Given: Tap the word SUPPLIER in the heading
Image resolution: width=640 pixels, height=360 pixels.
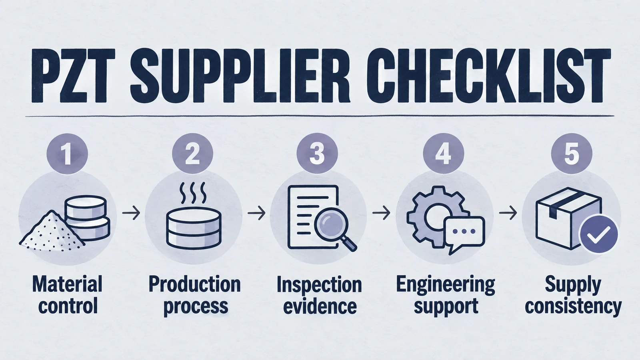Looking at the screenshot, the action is click(x=240, y=76).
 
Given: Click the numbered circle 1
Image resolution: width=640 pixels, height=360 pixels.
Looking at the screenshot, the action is click(x=67, y=154).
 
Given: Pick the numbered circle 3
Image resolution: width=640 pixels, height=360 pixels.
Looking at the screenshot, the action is click(x=317, y=154).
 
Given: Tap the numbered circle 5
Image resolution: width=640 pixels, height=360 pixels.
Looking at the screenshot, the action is click(x=572, y=154).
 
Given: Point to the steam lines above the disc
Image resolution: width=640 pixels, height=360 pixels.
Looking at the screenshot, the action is click(x=192, y=192).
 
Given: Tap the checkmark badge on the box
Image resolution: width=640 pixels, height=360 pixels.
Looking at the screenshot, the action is click(x=598, y=234).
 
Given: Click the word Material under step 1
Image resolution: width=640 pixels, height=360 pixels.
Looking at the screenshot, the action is click(x=67, y=284).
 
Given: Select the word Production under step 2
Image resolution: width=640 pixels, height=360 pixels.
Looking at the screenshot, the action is click(x=194, y=284).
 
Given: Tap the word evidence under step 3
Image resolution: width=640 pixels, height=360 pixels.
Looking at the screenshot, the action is click(x=320, y=306).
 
